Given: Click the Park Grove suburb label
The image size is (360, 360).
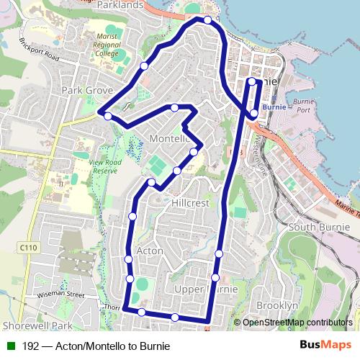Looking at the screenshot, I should [87, 91].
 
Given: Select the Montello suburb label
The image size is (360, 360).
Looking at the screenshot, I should [168, 138].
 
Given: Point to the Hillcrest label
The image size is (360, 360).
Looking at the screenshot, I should [190, 204].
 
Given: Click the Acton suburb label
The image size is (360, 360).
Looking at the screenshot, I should [150, 250].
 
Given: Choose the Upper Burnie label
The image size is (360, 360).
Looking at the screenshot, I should [206, 289].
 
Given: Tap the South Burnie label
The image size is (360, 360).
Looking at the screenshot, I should [318, 227].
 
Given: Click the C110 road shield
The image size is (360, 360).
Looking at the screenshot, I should [27, 248].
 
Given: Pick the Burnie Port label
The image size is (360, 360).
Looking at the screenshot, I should [303, 107].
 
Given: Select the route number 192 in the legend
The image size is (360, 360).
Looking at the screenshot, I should [30, 346].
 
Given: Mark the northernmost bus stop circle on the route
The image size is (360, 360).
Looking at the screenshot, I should [207, 20].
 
